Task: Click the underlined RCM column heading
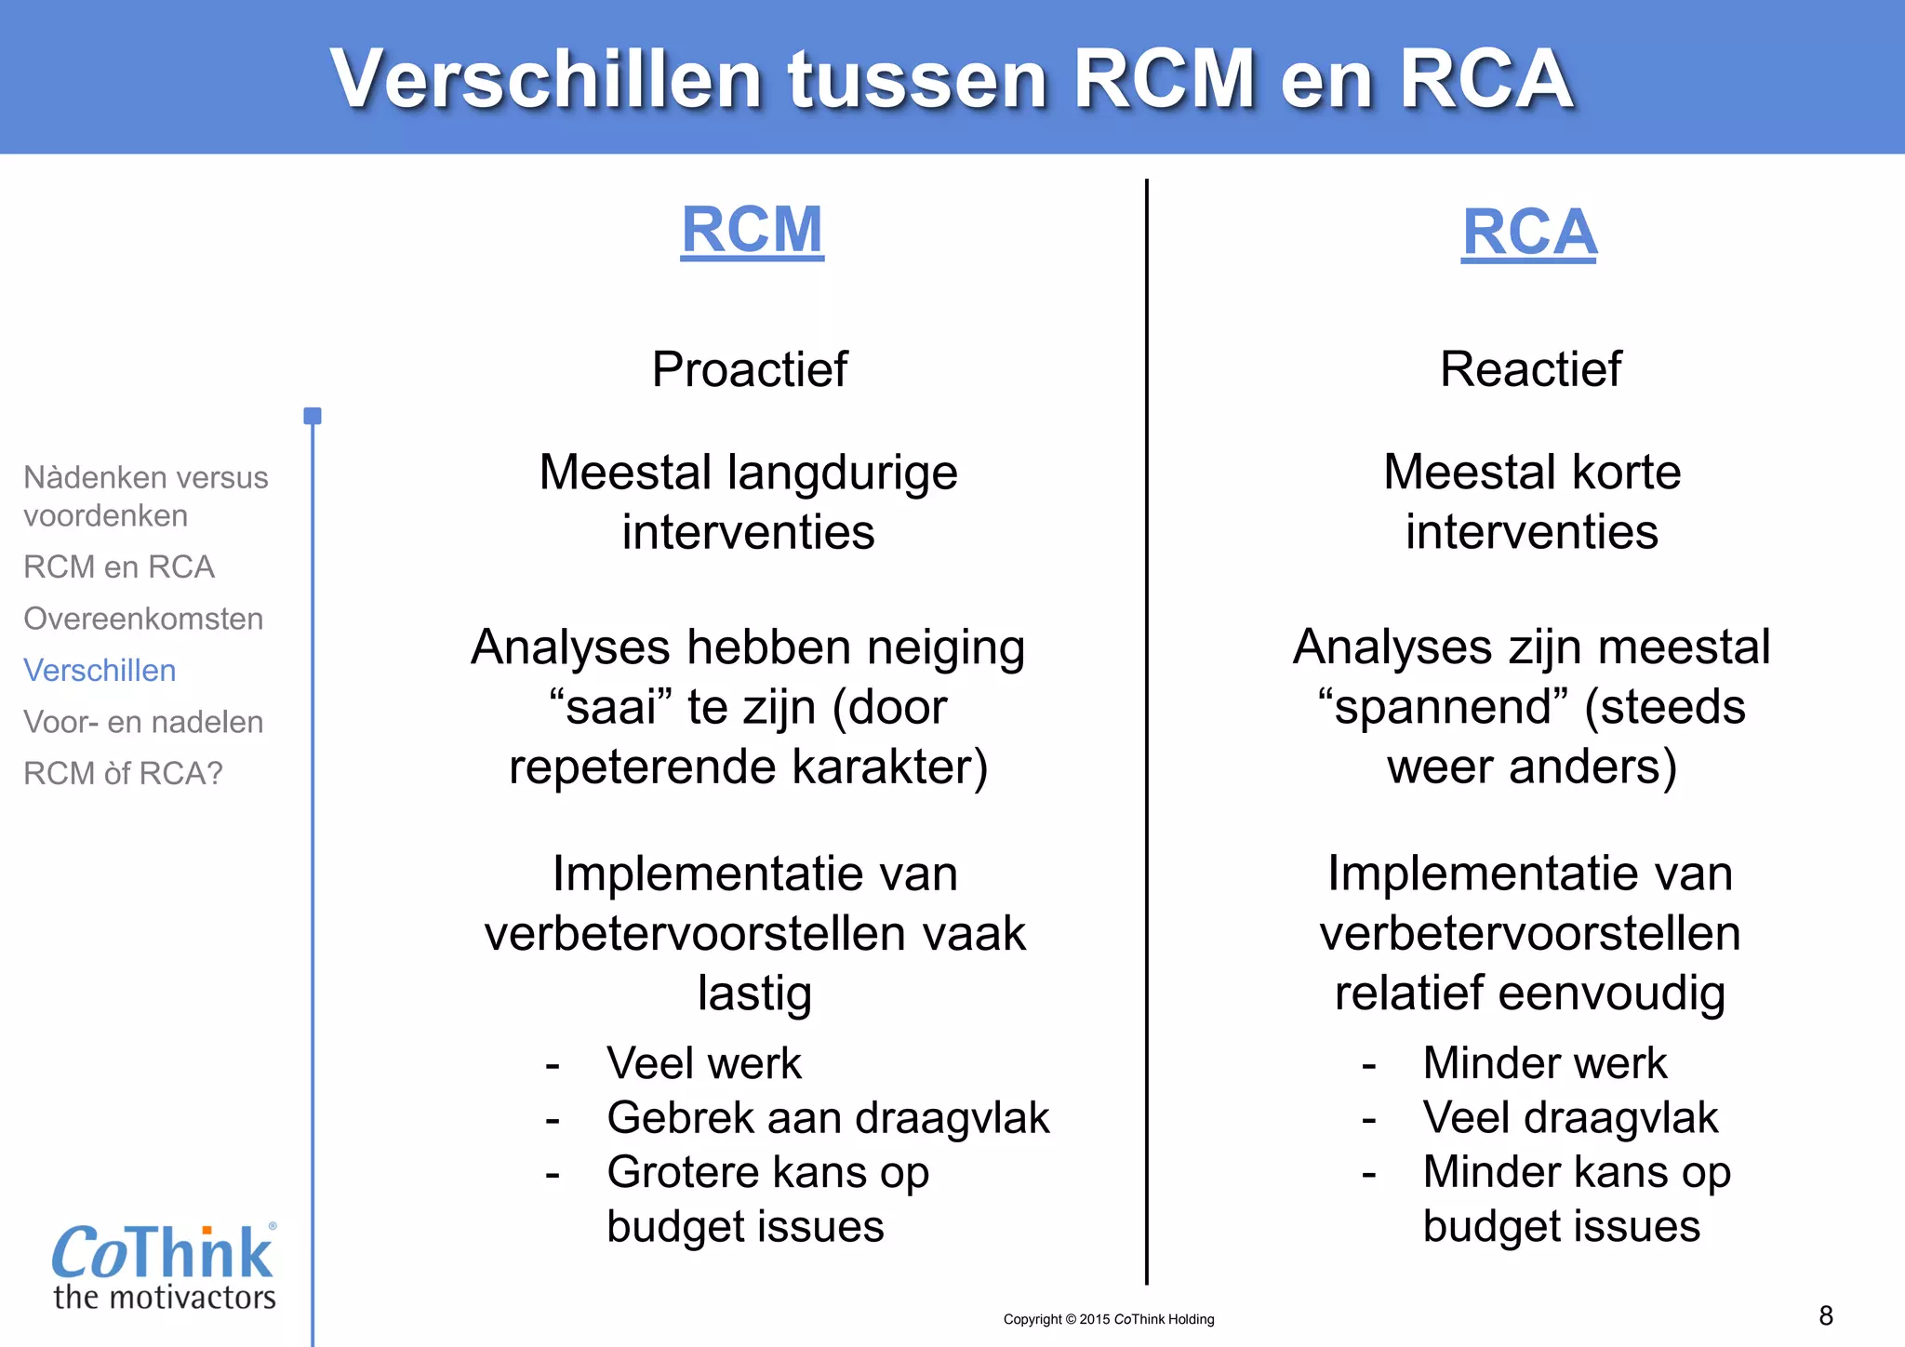752,230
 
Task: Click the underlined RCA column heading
1529,233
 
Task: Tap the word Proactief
750,369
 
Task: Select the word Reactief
1530,369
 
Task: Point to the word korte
1626,473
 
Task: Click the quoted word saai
611,708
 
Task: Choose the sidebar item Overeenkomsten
143,619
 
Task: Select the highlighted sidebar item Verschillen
100,671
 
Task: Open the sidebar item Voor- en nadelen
143,722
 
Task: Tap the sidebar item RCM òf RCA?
123,774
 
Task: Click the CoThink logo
164,1265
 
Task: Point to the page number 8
1826,1315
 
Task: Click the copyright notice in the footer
1109,1319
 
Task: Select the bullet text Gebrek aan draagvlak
828,1118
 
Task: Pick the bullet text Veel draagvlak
1570,1118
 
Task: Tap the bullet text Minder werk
1544,1063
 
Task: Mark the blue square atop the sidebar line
313,416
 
